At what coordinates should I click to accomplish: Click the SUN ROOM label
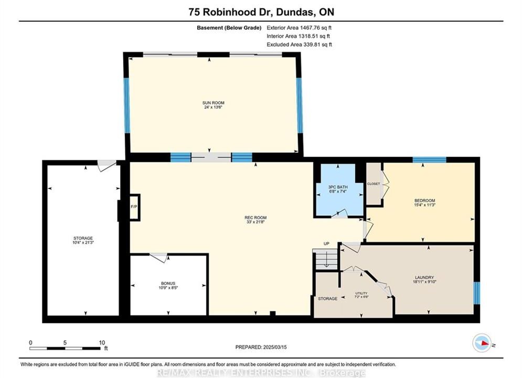tap(213, 103)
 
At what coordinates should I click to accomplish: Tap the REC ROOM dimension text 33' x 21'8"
tap(255, 222)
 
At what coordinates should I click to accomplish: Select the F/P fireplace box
tap(134, 207)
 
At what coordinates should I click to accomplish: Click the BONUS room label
tap(168, 283)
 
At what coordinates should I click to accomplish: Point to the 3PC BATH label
tap(338, 187)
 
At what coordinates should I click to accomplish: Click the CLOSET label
tap(374, 184)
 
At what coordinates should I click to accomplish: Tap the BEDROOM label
tap(424, 201)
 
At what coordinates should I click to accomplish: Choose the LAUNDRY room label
tap(424, 277)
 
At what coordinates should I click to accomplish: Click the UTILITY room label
tap(361, 293)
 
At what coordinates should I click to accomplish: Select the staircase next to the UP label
tap(326, 260)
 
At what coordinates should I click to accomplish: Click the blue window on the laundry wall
tap(477, 293)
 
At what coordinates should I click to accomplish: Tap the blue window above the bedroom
tap(429, 160)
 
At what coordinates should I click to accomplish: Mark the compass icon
tap(482, 343)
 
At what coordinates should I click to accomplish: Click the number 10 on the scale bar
tap(102, 342)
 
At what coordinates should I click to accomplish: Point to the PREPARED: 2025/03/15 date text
tap(261, 347)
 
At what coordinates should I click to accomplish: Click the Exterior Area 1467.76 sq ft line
tap(299, 28)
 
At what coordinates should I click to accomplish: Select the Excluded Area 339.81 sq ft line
tap(299, 44)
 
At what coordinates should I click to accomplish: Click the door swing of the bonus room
tap(159, 257)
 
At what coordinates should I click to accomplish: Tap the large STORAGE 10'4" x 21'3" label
tap(83, 240)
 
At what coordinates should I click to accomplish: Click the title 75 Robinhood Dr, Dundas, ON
tap(261, 12)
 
